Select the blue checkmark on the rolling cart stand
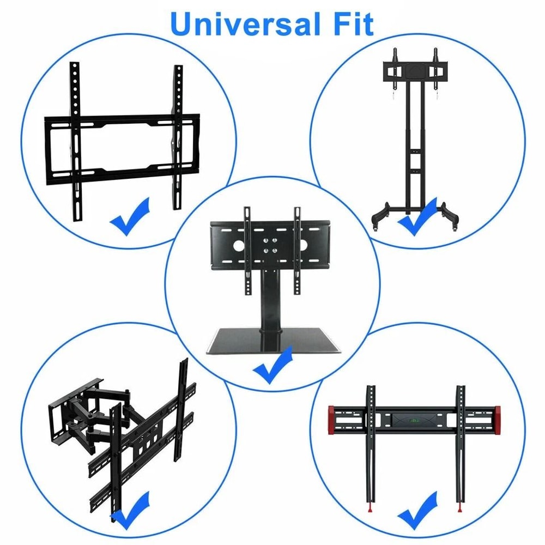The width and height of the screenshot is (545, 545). (416, 218)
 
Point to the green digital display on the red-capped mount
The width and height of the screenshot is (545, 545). (414, 421)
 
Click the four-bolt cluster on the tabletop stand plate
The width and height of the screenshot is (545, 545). (270, 245)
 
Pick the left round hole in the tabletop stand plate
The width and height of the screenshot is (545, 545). (239, 245)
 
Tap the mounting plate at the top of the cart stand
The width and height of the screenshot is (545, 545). (415, 71)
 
